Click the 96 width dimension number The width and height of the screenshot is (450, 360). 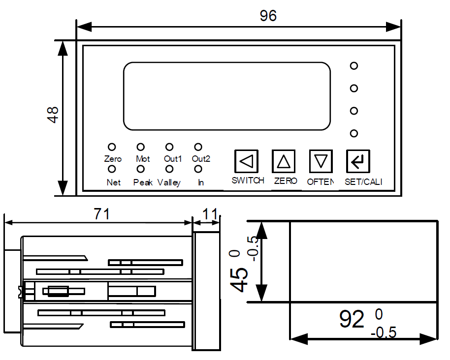click(268, 16)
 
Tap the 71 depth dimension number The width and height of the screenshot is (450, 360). click(101, 214)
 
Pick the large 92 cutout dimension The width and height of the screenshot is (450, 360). click(352, 320)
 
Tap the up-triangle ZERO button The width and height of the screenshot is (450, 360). click(284, 161)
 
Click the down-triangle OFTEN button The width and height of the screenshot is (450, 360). click(321, 161)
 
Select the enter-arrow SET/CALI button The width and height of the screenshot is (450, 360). click(357, 161)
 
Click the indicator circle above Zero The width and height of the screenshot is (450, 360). click(112, 147)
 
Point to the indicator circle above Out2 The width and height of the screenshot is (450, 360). click(198, 147)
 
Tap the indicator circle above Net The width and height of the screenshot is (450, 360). click(112, 169)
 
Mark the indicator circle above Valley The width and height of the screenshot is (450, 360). click(169, 169)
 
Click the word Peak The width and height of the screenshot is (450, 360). click(143, 182)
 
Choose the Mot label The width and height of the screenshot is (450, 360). click(143, 159)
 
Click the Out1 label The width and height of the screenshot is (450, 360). click(173, 159)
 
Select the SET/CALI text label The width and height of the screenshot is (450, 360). click(363, 181)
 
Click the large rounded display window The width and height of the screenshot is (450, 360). click(226, 96)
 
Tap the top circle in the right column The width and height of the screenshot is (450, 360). click(354, 66)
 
